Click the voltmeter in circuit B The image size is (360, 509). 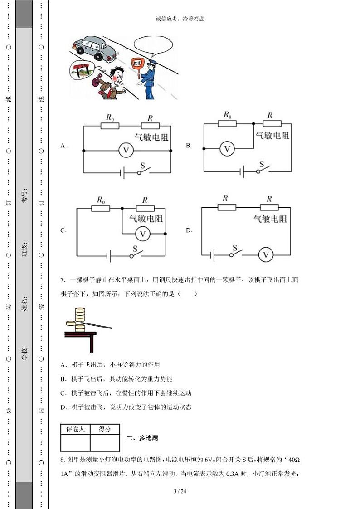(x=228, y=148)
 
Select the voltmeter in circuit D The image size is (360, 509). (x=266, y=255)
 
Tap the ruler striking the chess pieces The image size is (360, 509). (x=97, y=324)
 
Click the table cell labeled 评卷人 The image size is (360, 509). (x=75, y=429)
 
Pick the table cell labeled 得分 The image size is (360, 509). (x=105, y=429)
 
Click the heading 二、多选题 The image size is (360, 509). (x=142, y=438)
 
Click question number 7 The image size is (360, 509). (x=63, y=280)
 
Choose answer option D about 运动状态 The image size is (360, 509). (x=126, y=407)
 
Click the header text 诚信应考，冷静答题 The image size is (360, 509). (x=180, y=19)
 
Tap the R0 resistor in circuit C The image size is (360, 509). (x=101, y=208)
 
